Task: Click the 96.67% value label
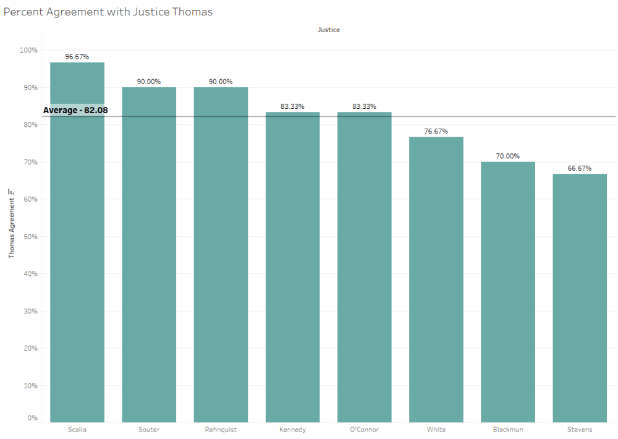77,57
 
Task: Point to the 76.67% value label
436,131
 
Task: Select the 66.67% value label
580,168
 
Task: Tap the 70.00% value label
508,156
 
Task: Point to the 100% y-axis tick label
29,50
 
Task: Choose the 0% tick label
32,418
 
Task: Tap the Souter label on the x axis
149,430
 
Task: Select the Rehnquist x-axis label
221,430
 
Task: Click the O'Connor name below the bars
364,430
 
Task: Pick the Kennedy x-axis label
292,430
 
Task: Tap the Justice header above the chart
329,30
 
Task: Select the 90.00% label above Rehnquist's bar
221,82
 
